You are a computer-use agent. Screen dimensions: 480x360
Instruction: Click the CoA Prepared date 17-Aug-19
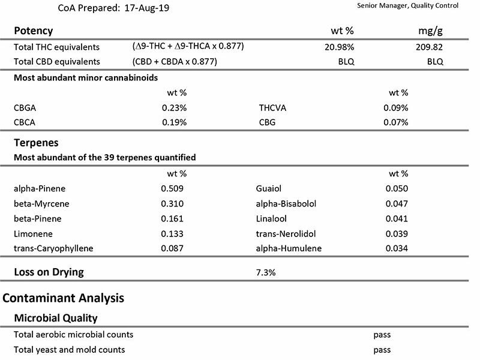[146, 8]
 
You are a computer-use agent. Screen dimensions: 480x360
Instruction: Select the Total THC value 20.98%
[339, 47]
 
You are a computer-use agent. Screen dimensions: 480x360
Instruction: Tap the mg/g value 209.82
[429, 47]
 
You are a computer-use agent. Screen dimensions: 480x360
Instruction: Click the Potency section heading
[34, 31]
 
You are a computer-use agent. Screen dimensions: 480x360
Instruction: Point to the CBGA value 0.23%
[174, 108]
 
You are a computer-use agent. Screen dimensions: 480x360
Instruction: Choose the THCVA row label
[272, 108]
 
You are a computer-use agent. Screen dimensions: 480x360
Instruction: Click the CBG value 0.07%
[396, 122]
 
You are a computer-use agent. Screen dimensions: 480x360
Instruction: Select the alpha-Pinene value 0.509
[172, 188]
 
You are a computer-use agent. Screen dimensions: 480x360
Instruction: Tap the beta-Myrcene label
[41, 204]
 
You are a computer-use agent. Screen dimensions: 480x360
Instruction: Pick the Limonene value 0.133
[172, 234]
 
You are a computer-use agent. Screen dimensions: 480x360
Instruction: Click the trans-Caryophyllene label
[53, 248]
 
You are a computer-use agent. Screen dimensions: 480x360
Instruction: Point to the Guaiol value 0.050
[397, 188]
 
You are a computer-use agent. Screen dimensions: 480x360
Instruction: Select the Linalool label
[271, 219]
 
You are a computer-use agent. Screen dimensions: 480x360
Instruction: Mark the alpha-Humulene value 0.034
[397, 248]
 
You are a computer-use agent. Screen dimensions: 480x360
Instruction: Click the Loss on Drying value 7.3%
[266, 272]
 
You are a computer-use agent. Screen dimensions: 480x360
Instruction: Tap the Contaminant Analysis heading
[64, 298]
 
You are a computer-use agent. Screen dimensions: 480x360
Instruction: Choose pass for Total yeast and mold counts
[382, 350]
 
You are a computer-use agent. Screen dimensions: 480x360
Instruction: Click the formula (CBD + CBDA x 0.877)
[175, 62]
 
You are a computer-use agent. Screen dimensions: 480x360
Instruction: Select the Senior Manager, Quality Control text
[408, 5]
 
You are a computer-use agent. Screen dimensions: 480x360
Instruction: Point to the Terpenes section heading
[36, 143]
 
